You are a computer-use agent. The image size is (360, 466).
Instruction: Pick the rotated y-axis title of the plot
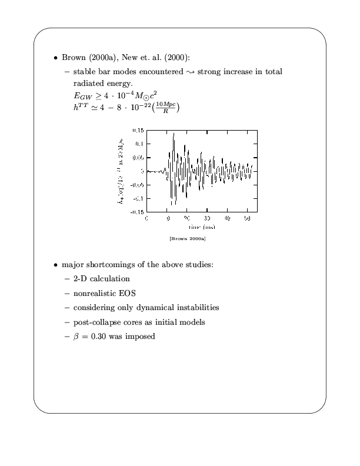click(122, 171)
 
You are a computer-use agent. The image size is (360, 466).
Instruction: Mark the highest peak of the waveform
click(174, 134)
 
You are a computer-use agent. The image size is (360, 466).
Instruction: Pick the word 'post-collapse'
click(96, 322)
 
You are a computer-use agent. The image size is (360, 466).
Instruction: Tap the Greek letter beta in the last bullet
click(76, 337)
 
